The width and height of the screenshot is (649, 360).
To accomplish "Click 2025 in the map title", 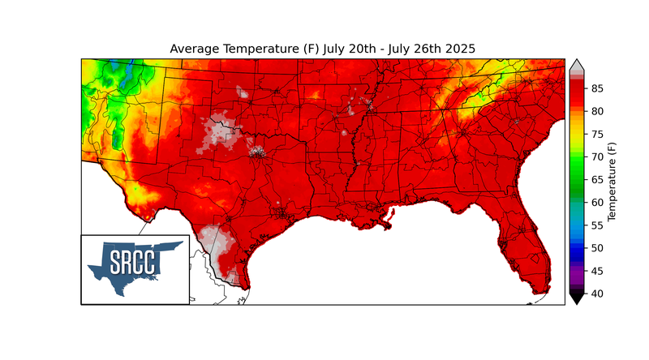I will (x=455, y=49).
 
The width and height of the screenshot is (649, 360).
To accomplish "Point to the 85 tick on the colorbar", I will (x=596, y=88).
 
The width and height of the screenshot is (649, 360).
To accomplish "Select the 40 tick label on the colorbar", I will (x=596, y=293).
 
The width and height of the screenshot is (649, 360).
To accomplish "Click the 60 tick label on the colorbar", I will (x=596, y=202).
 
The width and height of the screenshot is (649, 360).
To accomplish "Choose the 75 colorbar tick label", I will (x=596, y=134).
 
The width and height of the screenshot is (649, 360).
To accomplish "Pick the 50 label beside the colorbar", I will (x=596, y=247).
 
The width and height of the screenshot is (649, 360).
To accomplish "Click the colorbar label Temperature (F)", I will (x=612, y=180).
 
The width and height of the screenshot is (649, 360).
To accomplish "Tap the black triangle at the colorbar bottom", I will (x=576, y=298).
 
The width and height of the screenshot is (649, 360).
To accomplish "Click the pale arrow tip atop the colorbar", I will (x=576, y=64).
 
